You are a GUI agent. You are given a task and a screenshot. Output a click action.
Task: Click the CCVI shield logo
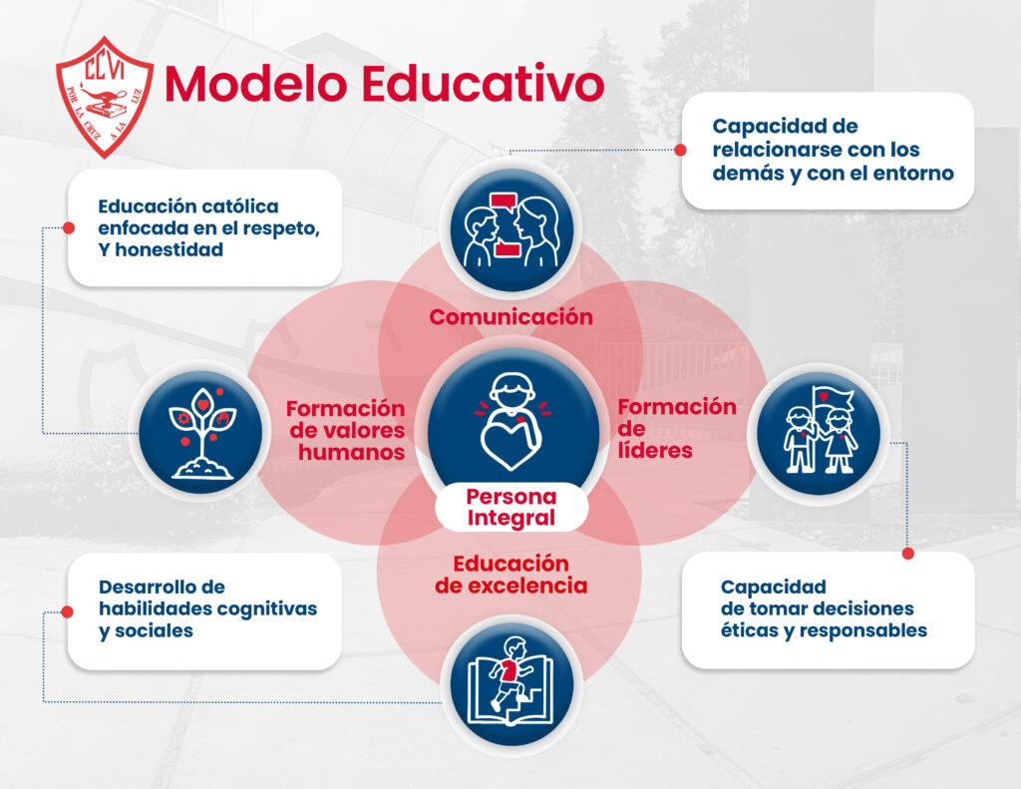pos(105,97)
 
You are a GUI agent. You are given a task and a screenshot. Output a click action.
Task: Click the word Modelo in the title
pos(256,84)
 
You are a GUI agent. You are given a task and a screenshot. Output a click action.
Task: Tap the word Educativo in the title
pos(483,84)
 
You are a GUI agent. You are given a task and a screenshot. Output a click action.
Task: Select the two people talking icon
pos(511,230)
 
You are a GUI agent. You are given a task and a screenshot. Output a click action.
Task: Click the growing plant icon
pos(201,432)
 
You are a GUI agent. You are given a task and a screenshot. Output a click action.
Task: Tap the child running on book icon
pos(510,684)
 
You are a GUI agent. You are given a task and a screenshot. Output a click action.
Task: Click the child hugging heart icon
pos(512,420)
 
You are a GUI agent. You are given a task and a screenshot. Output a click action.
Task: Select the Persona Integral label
pos(511,507)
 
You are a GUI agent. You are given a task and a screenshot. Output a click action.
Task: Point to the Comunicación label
pos(511,317)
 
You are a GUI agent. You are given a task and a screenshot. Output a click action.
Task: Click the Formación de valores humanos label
pos(346,430)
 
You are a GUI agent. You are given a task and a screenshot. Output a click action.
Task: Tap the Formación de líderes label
pos(677,428)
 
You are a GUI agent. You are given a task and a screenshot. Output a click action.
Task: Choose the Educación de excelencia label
pos(511,574)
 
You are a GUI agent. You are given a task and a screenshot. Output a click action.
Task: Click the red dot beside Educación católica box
pos(69,228)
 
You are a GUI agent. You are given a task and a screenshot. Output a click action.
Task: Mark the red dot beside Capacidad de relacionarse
pos(680,150)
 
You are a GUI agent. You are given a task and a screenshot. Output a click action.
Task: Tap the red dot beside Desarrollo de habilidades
pos(67,611)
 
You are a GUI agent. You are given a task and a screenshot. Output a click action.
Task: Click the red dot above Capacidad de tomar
pos(907,554)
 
